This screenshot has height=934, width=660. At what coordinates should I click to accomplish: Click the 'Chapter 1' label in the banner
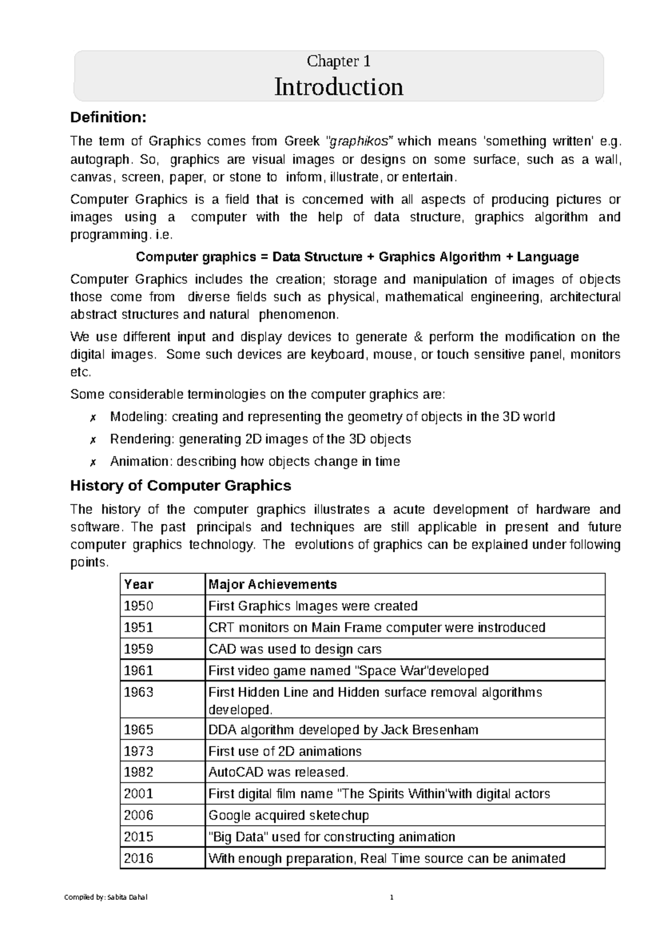coord(338,61)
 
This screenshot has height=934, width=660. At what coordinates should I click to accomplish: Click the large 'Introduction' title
coord(338,87)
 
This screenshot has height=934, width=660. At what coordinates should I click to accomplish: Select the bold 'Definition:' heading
coord(108,117)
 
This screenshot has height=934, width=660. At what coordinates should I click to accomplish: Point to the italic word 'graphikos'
coord(360,141)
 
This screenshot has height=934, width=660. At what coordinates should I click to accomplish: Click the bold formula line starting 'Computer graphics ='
coord(357,257)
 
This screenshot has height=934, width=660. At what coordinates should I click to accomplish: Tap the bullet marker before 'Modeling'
coord(93,417)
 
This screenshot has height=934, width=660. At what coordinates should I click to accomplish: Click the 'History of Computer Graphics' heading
coord(180,486)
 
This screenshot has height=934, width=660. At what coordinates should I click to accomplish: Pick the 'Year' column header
coord(139,584)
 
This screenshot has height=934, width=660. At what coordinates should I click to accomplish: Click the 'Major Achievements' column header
coord(272,584)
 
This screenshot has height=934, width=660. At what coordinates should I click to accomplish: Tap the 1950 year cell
coord(139,606)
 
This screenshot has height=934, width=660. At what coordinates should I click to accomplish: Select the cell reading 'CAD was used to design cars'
coord(295,649)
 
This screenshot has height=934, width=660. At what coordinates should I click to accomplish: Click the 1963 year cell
coord(139,692)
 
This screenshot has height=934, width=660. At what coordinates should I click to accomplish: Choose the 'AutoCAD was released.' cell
coord(278,772)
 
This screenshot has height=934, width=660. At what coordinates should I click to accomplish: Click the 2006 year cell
coord(139,815)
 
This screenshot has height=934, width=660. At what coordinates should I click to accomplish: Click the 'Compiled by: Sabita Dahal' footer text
coord(106,898)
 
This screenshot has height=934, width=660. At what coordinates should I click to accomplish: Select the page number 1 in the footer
coord(392,898)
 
